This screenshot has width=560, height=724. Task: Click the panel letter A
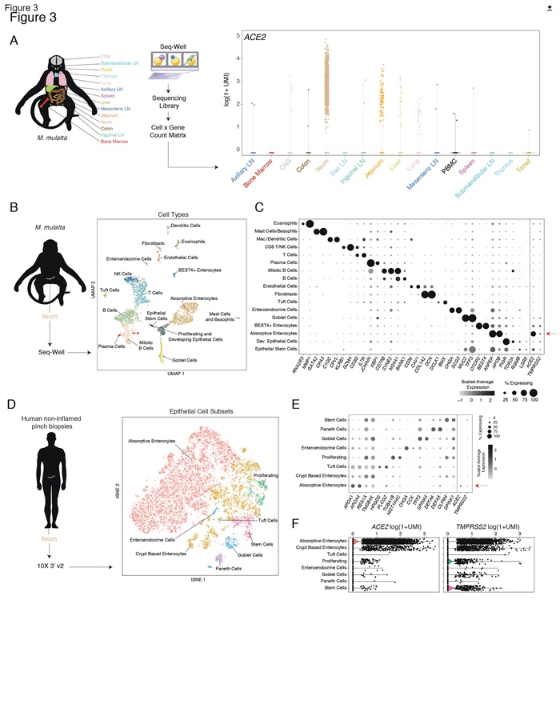pyautogui.click(x=14, y=39)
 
